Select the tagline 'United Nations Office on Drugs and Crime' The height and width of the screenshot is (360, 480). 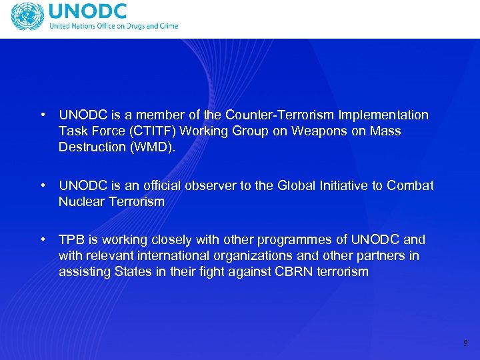pyautogui.click(x=113, y=27)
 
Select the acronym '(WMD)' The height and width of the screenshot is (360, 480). pyautogui.click(x=151, y=147)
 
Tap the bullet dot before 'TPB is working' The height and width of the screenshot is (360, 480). pyautogui.click(x=43, y=240)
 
